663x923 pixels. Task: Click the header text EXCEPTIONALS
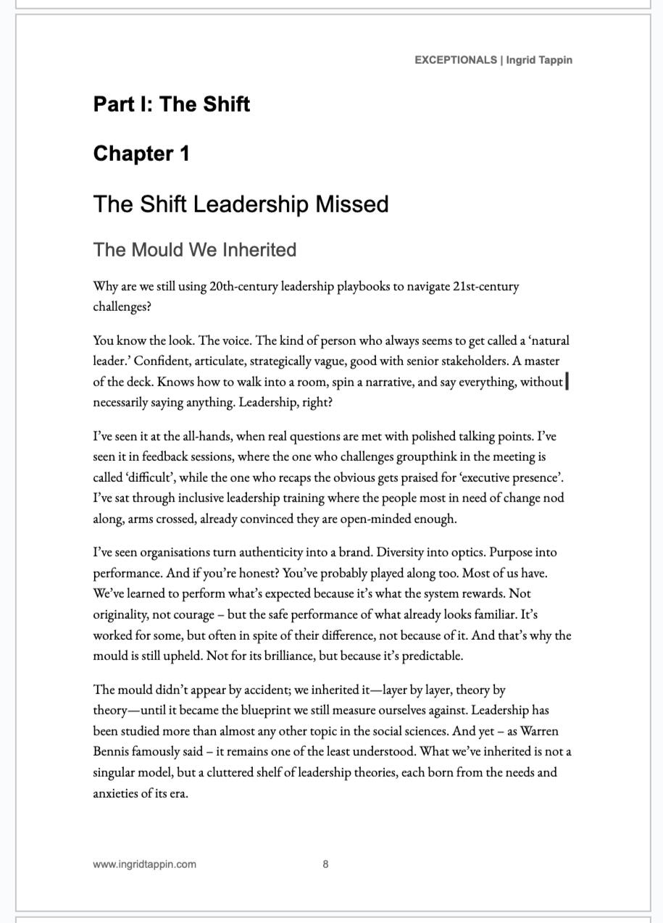(x=455, y=60)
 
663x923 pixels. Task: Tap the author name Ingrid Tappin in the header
(x=539, y=60)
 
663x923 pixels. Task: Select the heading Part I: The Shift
(x=172, y=104)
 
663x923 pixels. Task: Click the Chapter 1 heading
(x=141, y=154)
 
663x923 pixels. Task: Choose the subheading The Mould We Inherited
(x=195, y=250)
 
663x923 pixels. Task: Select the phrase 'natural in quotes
(x=548, y=341)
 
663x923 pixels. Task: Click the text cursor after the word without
(x=567, y=382)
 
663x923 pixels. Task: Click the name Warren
(x=539, y=731)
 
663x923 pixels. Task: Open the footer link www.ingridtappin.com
(x=144, y=864)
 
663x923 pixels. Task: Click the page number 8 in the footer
(x=326, y=864)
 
